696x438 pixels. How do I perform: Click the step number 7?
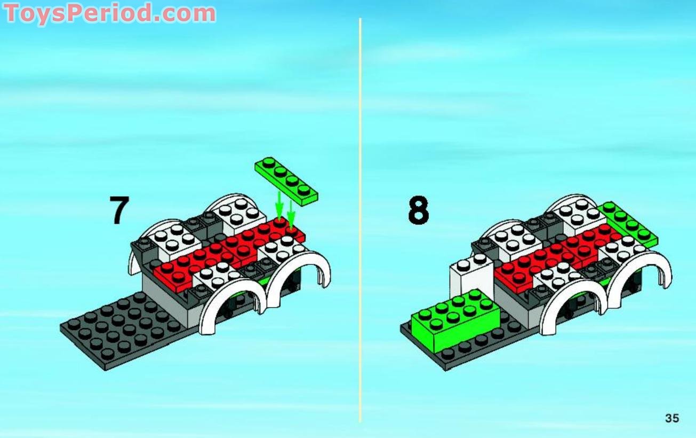click(x=119, y=210)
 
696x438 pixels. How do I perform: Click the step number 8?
click(x=418, y=210)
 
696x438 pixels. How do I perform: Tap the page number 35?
click(x=672, y=418)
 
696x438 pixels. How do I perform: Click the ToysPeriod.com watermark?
click(x=110, y=13)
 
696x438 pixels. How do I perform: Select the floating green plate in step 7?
click(x=286, y=182)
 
